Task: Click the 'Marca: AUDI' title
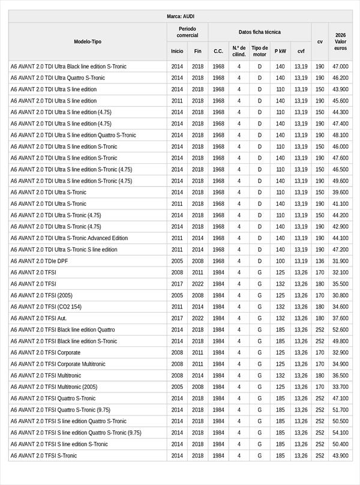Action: [x=180, y=16]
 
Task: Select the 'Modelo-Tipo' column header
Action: [x=88, y=41]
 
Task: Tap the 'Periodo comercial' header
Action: [x=187, y=32]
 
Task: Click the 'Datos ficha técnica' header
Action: [x=259, y=32]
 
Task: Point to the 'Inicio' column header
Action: [x=177, y=51]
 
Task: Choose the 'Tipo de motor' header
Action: [x=260, y=51]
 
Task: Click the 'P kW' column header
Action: [x=280, y=51]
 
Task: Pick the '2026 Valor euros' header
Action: [x=340, y=41]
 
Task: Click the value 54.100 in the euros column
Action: [x=340, y=433]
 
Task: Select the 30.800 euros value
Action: [x=340, y=295]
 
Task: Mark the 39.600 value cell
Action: [x=340, y=192]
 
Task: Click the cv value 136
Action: [x=320, y=261]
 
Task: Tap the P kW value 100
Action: [x=280, y=261]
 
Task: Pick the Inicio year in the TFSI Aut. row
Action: [x=177, y=318]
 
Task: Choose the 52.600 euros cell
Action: [x=340, y=330]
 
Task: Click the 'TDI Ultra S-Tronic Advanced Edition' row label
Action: [x=69, y=238]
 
